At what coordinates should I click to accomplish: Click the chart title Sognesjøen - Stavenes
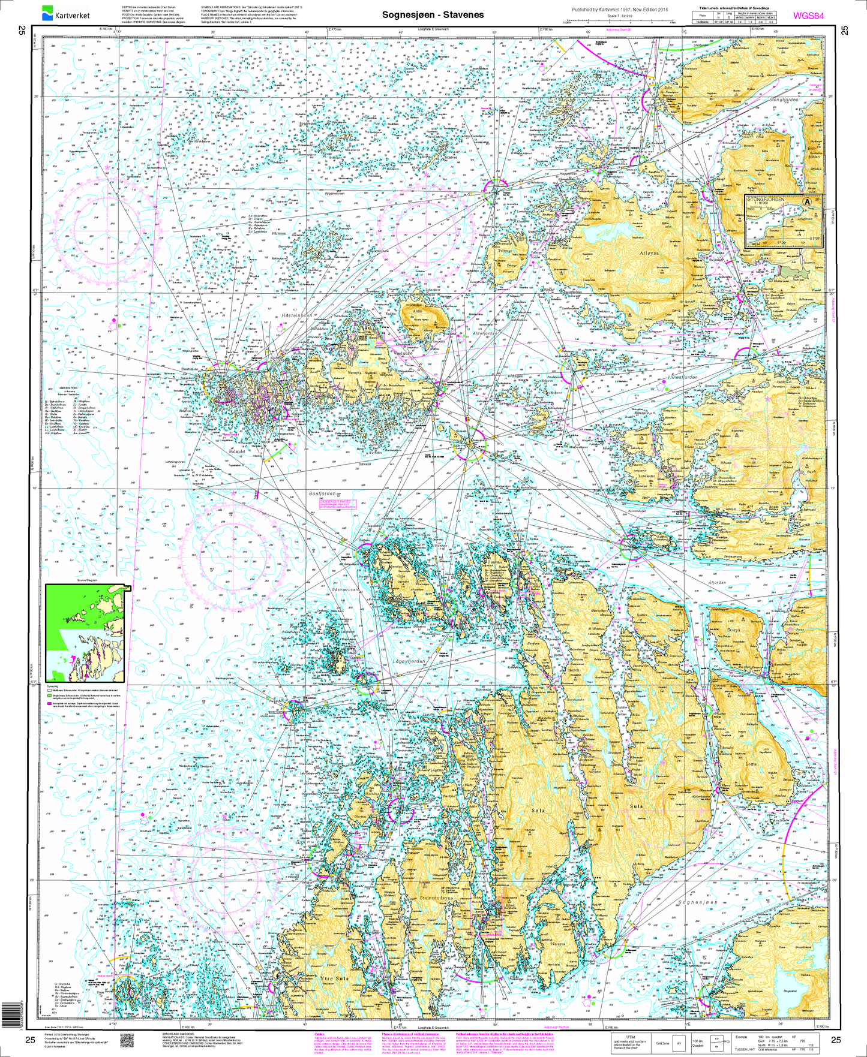(433, 14)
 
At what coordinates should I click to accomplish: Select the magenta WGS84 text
(808, 16)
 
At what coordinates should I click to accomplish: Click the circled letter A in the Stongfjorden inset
(808, 202)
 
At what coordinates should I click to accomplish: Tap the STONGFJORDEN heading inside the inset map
(766, 198)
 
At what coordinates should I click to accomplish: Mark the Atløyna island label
(649, 254)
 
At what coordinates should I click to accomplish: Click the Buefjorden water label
(322, 493)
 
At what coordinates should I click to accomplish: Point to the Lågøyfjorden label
(410, 661)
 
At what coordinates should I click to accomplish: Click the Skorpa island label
(734, 630)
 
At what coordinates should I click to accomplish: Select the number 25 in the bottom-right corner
(836, 1040)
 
